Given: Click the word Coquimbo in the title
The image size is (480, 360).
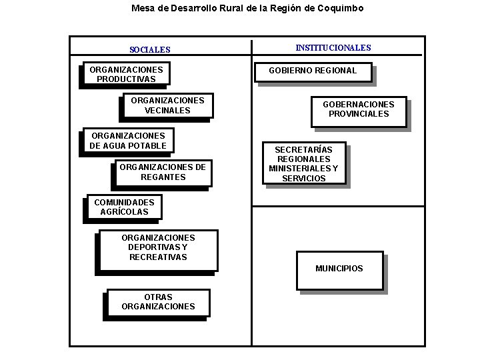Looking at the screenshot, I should pos(341,9).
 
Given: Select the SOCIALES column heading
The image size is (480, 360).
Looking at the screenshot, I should pos(150,49).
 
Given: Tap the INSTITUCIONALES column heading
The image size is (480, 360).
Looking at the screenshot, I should pos(333,48).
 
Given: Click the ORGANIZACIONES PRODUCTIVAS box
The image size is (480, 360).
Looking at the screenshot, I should pos(125,74).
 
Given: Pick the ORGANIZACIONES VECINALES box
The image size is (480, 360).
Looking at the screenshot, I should pos(167,105).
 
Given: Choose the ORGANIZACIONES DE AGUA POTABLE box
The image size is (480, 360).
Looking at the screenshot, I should pos(128,141).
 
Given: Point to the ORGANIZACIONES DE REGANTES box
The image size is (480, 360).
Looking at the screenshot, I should pos(163,172).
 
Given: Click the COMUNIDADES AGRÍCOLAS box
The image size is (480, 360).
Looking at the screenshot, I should pos(124,207).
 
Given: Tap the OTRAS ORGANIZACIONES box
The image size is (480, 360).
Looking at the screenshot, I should pos(158,302).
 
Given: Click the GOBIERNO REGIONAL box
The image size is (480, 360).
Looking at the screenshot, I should pos(312,71).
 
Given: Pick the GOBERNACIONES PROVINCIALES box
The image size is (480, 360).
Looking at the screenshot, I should pos(358,109).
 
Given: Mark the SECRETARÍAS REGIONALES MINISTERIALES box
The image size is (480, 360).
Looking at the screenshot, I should pos(303,164).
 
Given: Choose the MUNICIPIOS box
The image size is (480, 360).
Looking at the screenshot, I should pos(339,269).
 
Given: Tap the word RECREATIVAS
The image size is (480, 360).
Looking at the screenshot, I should pos(158,257).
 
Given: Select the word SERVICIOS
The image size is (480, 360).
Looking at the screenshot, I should pos(304,179).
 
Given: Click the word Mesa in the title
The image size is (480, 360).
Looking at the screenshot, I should pos(142,9).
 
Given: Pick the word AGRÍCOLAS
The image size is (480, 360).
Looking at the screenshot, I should pos(124,212).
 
